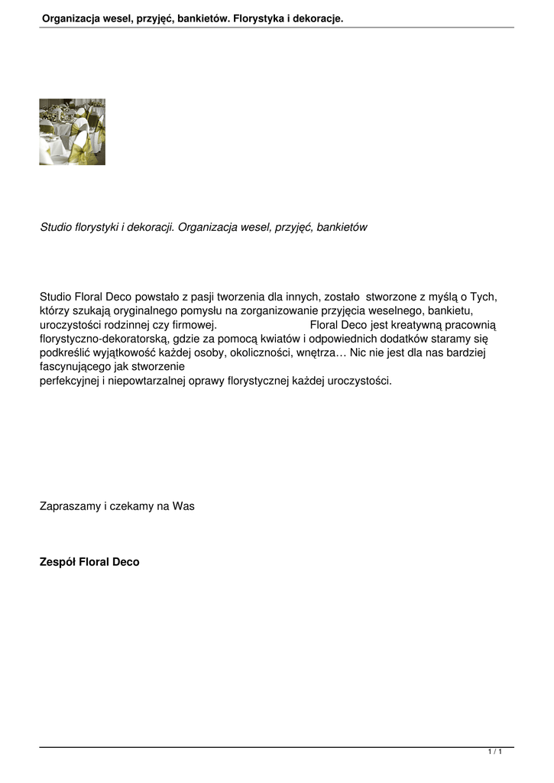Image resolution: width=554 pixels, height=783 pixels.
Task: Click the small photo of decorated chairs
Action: [72, 132]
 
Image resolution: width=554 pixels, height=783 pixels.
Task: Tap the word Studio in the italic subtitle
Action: [54, 227]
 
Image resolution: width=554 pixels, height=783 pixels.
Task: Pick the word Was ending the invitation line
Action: [183, 505]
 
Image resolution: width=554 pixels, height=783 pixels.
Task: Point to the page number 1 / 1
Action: [494, 752]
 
